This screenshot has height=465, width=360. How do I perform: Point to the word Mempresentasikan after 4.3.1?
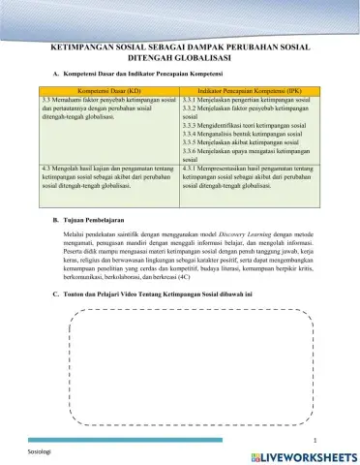226,169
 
